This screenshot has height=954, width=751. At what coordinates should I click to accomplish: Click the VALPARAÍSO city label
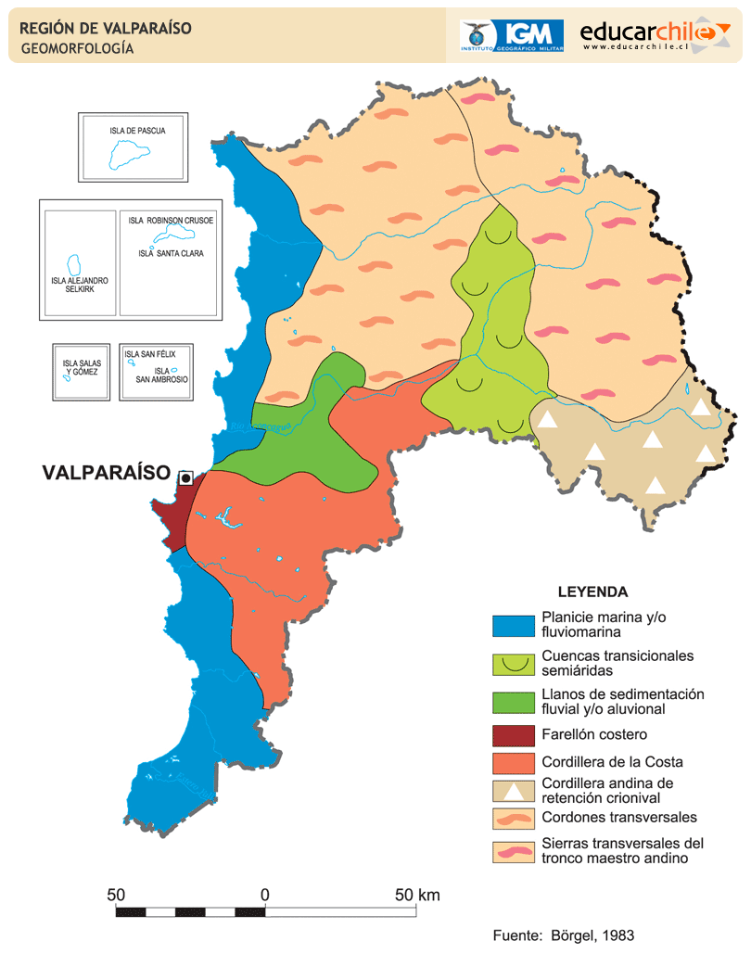pos(107,473)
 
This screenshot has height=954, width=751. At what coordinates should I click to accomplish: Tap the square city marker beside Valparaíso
pos(185,477)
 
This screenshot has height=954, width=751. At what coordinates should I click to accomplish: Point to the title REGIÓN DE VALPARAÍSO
pos(106,29)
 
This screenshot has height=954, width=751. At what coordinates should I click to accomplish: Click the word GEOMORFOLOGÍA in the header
pos(77,49)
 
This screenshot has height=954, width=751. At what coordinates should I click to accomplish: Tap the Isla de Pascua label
pos(137,131)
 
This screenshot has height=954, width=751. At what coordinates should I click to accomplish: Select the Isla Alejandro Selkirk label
pos(81,284)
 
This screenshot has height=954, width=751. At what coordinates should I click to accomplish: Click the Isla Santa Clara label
pos(171,253)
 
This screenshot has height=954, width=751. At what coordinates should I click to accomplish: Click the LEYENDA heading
pos(592,591)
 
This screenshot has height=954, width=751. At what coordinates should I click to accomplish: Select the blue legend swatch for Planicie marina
pos(514,626)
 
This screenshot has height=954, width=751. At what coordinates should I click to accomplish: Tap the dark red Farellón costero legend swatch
pos(514,736)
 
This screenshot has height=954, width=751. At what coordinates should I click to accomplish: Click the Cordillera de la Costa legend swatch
pos(514,763)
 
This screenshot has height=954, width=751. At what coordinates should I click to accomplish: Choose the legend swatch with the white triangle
pos(514,790)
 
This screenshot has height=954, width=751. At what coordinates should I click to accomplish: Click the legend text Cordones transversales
pos(618,817)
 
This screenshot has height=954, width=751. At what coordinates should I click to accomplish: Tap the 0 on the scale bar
pos(265,896)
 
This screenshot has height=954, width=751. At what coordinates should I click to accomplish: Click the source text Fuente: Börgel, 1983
pos(563,935)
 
